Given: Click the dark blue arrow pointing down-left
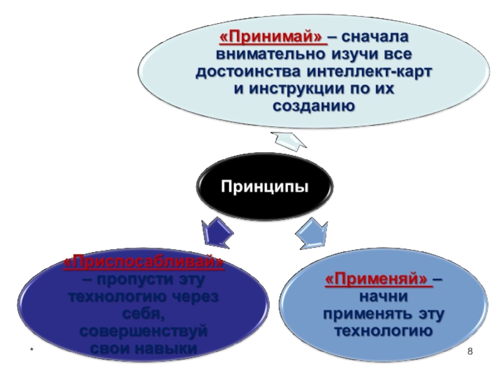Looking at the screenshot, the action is (x=214, y=232).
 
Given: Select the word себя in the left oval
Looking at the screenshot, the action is (x=144, y=313).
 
